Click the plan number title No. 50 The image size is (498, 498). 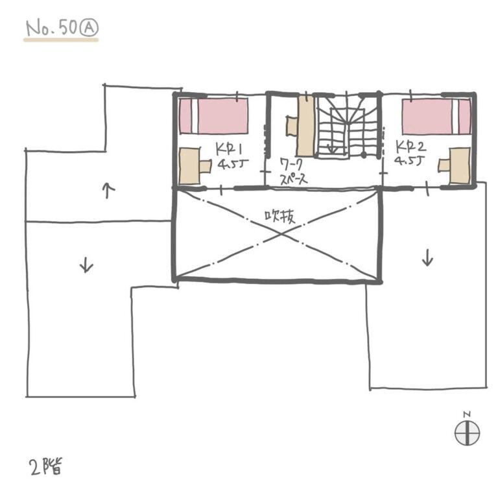(x=52, y=29)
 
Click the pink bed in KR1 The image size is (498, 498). (x=213, y=116)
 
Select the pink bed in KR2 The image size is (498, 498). (x=436, y=117)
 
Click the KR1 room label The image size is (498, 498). (x=228, y=148)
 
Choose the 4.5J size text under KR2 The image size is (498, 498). (x=410, y=160)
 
